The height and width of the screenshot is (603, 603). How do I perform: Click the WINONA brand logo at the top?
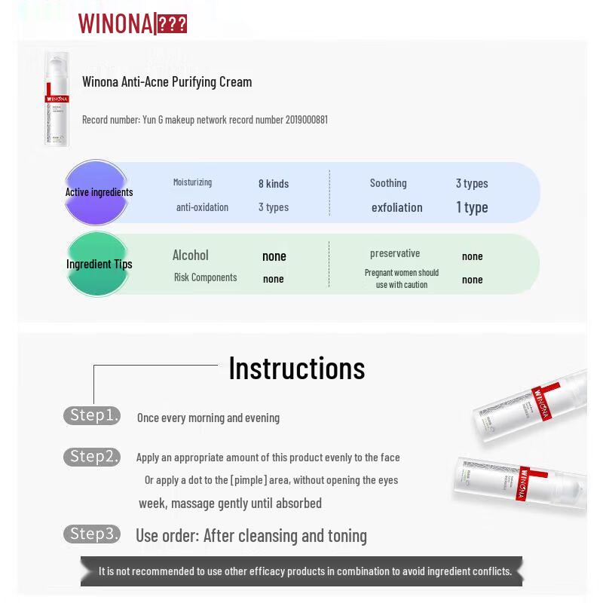(132, 23)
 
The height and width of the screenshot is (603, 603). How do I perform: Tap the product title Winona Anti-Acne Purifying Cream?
(167, 81)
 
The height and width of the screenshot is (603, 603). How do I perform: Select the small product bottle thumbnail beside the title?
(57, 98)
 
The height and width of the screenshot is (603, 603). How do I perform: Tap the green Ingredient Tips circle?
(98, 264)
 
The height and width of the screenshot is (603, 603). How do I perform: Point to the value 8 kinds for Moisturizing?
(274, 183)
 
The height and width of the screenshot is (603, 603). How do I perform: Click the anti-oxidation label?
(202, 207)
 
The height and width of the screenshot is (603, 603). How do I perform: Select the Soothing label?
(388, 183)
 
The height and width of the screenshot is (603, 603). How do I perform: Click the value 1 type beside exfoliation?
(472, 207)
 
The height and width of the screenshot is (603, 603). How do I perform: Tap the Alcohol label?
(190, 256)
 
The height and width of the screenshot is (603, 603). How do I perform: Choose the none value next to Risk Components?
(273, 279)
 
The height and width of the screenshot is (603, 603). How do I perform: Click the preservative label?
(394, 253)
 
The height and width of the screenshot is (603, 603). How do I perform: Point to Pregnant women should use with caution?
(402, 278)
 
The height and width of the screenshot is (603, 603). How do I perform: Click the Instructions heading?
(296, 368)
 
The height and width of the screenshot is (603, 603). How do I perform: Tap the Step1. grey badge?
(91, 415)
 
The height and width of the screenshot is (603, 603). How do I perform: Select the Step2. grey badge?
(91, 457)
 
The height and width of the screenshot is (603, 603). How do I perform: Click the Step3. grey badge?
(91, 534)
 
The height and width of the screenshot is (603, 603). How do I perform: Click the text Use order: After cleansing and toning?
(251, 535)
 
